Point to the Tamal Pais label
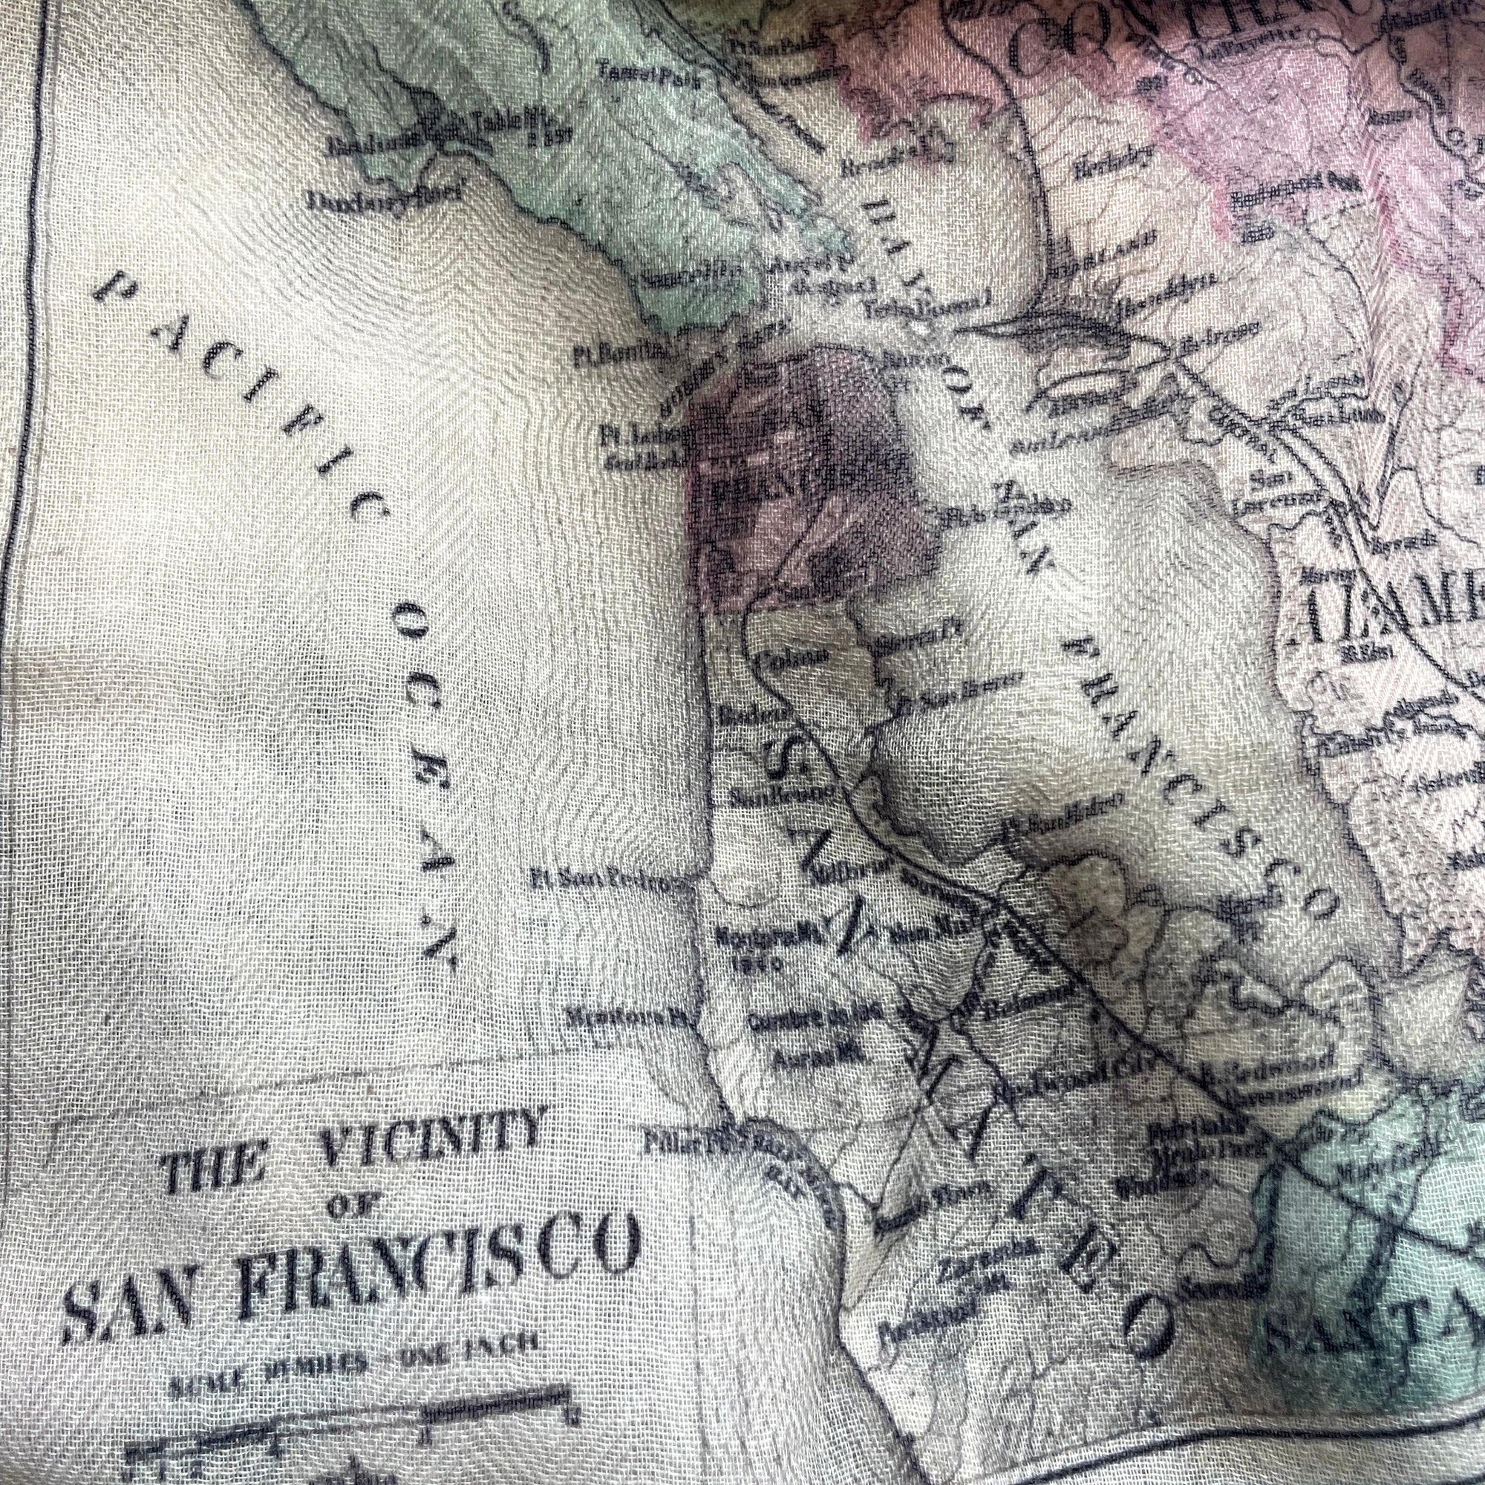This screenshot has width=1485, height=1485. [650, 77]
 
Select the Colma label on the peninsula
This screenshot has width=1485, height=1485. [792, 658]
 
